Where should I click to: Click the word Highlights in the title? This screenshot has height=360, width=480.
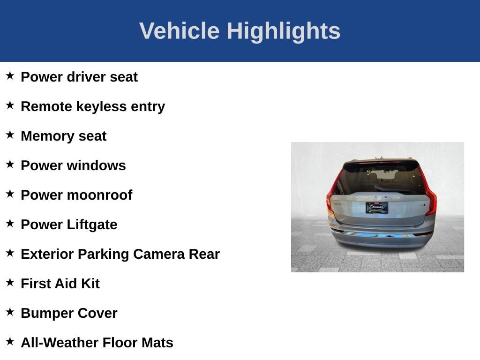point(284,31)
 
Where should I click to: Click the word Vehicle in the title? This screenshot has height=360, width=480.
point(179,31)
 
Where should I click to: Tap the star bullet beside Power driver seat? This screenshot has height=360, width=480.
point(10,75)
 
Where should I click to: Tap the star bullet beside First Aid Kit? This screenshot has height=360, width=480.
point(10,282)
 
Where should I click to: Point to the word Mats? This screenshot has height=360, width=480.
point(157,343)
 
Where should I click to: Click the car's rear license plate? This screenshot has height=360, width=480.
point(377,208)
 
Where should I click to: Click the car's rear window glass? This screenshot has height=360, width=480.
point(380,178)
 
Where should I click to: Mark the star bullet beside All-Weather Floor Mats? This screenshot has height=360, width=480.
point(10,341)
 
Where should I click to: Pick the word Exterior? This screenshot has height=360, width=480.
point(47,254)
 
